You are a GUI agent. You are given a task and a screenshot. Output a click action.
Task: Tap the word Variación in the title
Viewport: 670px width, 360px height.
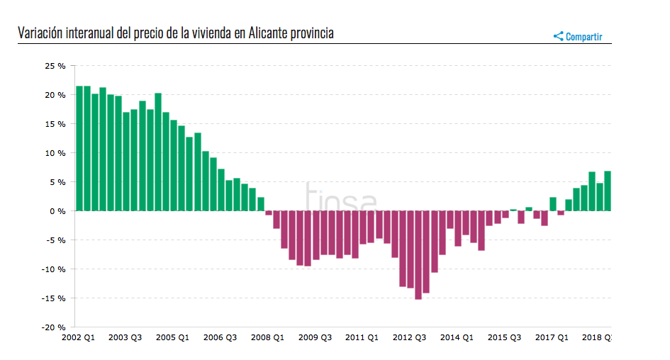pyautogui.click(x=40, y=33)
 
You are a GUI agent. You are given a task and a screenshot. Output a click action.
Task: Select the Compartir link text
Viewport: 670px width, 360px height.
pyautogui.click(x=584, y=37)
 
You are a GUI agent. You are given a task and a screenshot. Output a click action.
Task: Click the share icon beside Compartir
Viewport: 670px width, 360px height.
pyautogui.click(x=558, y=36)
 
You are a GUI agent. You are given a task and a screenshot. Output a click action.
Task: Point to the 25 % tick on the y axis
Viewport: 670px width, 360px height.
pyautogui.click(x=55, y=66)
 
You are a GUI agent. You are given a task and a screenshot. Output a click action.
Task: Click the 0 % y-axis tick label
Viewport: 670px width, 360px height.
pyautogui.click(x=57, y=211)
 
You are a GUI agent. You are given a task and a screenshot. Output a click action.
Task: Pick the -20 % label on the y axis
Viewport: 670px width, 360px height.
pyautogui.click(x=54, y=327)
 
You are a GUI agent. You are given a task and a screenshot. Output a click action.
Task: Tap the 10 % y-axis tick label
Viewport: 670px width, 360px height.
pyautogui.click(x=55, y=153)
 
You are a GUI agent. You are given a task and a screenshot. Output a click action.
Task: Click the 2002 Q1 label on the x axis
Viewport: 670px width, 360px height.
pyautogui.click(x=78, y=338)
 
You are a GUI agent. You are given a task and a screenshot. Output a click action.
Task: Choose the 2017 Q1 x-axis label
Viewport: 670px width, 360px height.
pyautogui.click(x=552, y=338)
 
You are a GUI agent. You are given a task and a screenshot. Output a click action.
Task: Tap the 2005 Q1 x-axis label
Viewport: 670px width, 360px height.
pyautogui.click(x=172, y=338)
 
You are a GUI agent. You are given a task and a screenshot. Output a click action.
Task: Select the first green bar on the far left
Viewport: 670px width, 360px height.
pyautogui.click(x=79, y=148)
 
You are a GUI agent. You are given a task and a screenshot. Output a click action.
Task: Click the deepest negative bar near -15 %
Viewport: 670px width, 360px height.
pyautogui.click(x=418, y=255)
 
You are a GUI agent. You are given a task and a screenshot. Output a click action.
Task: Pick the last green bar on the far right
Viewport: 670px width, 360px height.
pyautogui.click(x=608, y=191)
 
